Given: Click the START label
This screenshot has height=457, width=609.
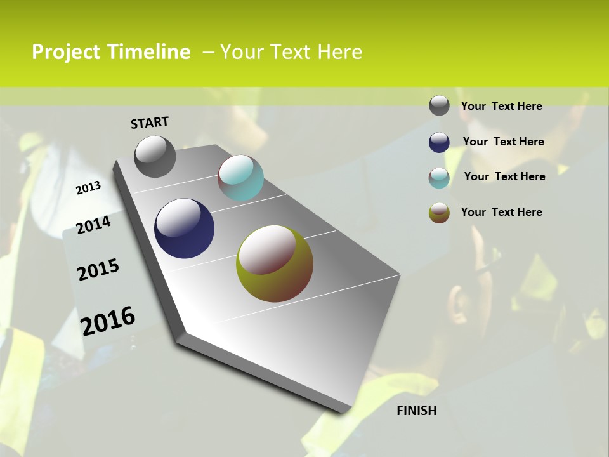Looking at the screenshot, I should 150,123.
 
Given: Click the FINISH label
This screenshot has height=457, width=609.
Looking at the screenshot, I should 416,411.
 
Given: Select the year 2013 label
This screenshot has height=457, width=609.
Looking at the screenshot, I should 88,187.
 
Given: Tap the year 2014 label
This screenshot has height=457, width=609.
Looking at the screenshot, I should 93,225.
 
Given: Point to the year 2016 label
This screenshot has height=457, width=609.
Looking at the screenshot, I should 108,321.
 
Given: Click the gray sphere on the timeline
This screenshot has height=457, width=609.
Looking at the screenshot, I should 155,156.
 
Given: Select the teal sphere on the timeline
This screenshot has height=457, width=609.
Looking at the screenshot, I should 240,178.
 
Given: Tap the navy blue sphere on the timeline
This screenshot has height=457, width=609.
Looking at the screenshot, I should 184,228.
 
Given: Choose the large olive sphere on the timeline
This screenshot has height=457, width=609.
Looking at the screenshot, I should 275,263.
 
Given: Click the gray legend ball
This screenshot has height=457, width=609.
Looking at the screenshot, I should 439,105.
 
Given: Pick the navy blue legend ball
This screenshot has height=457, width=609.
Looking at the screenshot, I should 439,142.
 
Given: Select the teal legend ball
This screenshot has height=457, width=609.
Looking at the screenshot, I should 439,178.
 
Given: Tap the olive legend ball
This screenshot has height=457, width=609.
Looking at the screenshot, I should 439,213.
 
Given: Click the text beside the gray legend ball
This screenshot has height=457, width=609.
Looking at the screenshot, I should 501,106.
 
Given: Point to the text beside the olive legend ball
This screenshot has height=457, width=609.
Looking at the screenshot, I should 501,212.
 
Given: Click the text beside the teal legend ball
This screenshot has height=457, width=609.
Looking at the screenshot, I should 504,176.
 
